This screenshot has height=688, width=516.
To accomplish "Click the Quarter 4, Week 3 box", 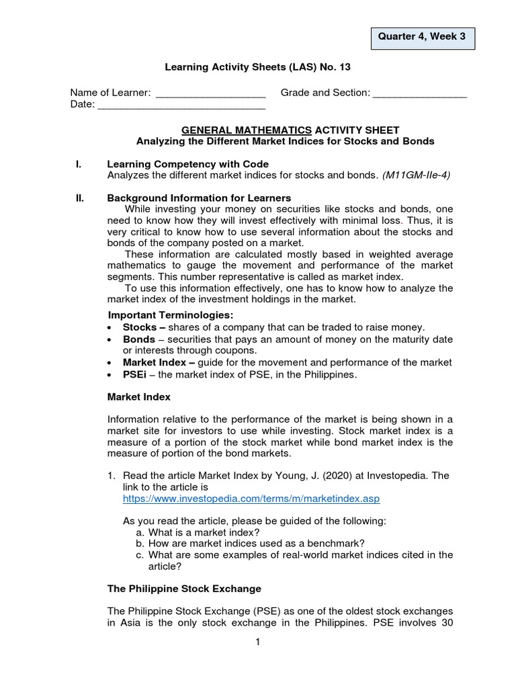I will point(423,37).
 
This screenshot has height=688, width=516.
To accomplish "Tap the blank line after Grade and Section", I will point(419,94).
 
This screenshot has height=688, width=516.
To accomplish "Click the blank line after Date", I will point(181,105).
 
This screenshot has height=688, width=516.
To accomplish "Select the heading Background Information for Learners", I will point(199,198).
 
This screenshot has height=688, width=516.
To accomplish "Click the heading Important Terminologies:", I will point(171,315).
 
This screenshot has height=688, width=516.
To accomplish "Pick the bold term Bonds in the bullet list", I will point(138,339).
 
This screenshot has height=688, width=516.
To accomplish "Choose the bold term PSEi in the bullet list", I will point(135,374).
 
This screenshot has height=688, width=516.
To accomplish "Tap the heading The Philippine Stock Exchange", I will point(184,589).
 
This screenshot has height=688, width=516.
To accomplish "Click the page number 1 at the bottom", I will point(257,642).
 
